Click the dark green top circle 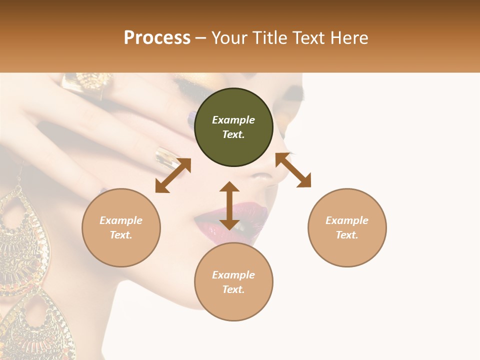tap(233, 127)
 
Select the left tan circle tap(121, 227)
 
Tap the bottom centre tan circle tap(233, 282)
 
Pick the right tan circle tap(347, 227)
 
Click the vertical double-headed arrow tap(229, 205)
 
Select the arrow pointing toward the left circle tap(173, 175)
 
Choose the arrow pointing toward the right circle tap(293, 170)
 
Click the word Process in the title tap(157, 38)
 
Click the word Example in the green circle tap(233, 120)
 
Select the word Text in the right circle tap(346, 235)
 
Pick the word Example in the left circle tap(121, 220)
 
